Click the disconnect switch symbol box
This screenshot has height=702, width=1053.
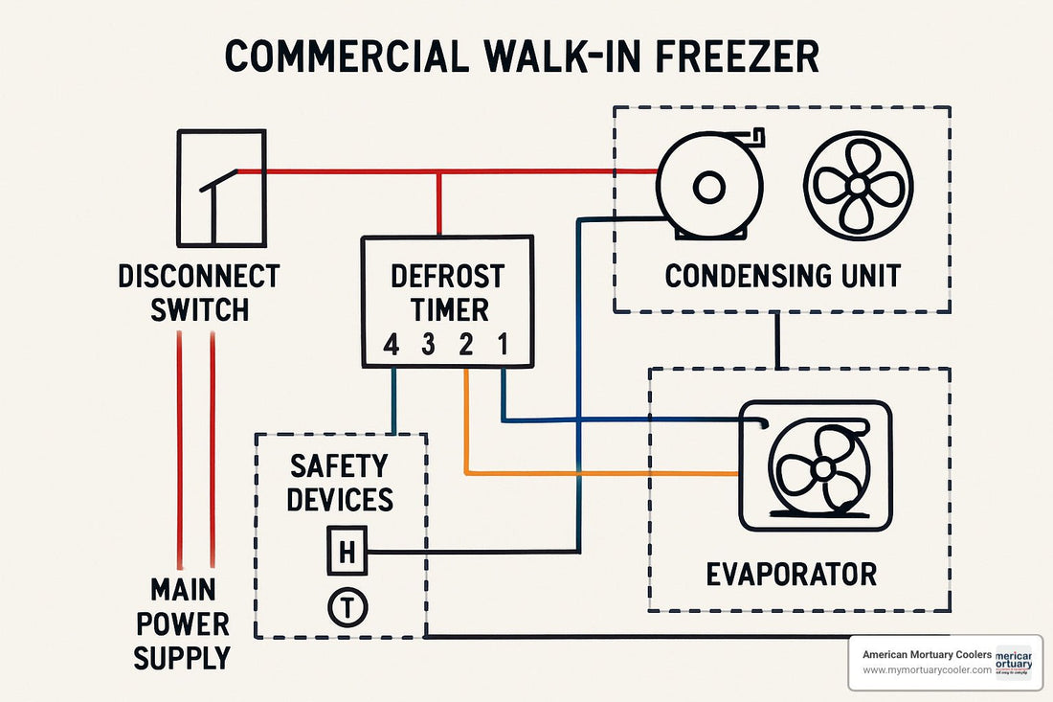[221, 188]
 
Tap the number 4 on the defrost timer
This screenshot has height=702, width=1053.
[390, 346]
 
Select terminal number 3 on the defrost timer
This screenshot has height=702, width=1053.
[428, 346]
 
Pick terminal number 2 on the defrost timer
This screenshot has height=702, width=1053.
[465, 346]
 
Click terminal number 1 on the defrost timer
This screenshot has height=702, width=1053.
[503, 346]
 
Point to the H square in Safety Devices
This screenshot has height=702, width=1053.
[347, 552]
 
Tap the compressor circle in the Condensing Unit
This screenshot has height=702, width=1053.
[708, 186]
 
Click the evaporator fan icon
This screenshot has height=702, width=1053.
[821, 468]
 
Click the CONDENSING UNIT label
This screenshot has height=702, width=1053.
[782, 276]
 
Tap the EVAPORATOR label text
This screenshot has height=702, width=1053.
[791, 574]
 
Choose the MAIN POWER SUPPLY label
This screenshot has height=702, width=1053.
[182, 623]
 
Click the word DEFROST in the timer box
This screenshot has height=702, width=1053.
[447, 277]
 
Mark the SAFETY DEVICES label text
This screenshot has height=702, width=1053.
[340, 483]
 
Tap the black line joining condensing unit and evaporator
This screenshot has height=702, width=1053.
[776, 340]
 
